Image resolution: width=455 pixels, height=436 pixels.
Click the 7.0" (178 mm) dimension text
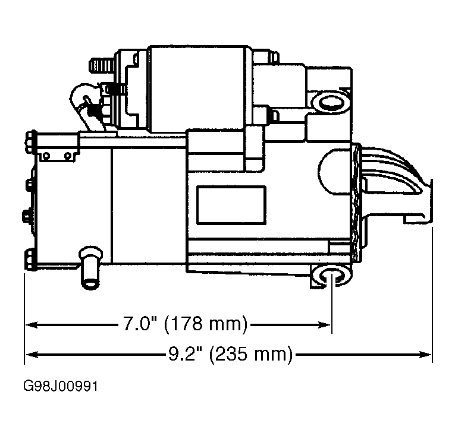[x=184, y=324]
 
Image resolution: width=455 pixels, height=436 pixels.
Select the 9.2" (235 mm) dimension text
[x=230, y=355]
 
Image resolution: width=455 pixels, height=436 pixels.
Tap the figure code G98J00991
[x=60, y=387]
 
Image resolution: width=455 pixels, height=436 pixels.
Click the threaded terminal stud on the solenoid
[x=99, y=64]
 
